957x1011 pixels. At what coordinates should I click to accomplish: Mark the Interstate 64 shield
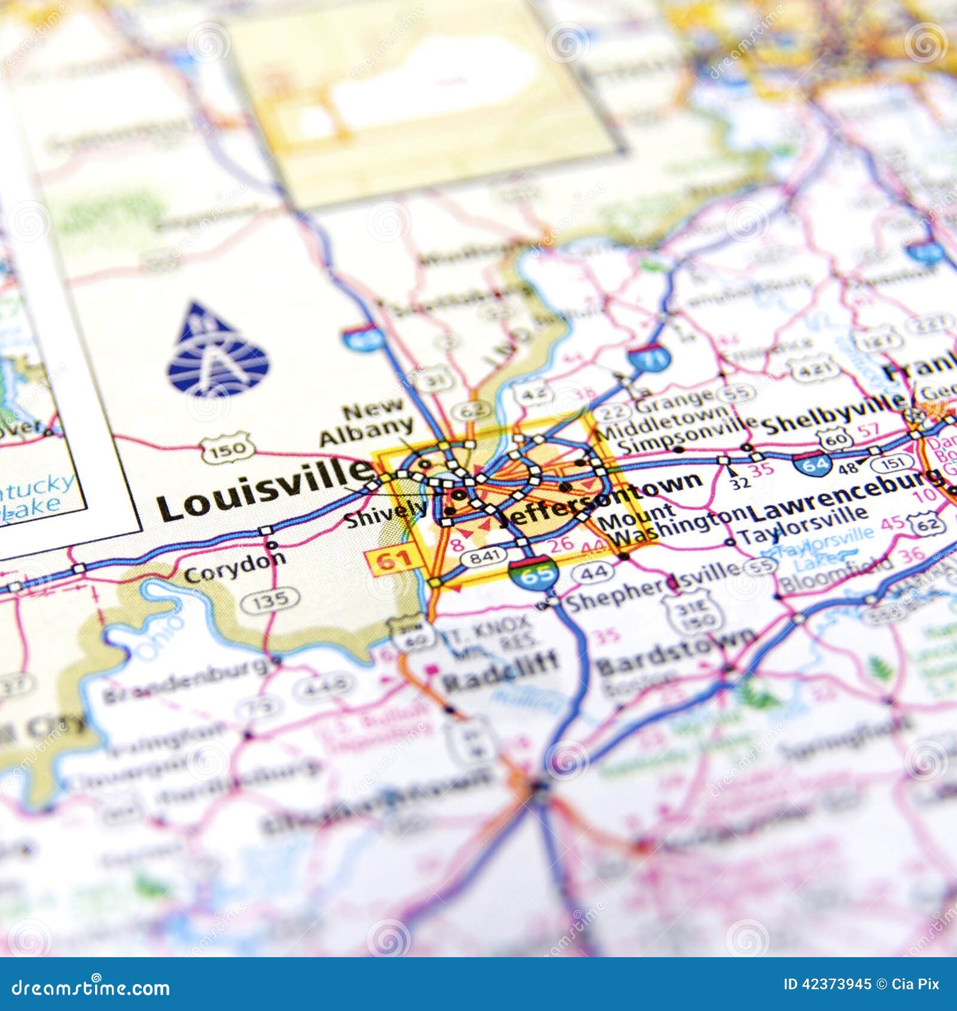[x=814, y=464]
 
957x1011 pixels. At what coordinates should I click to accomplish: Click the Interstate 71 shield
[x=649, y=359]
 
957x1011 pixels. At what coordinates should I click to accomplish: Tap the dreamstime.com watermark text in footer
[x=91, y=988]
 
